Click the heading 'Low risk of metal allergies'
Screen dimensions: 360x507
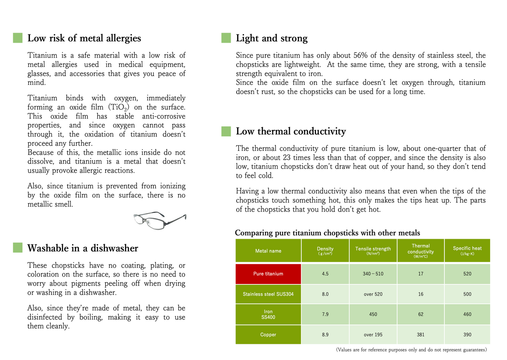tap(84, 38)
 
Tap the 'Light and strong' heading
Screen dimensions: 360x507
tap(272, 38)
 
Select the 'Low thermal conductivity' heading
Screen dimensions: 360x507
tap(291, 131)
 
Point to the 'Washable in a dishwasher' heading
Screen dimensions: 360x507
tap(82, 248)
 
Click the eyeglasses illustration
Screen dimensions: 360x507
tap(160, 219)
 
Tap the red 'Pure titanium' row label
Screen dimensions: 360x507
tap(268, 274)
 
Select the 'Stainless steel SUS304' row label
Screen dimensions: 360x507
tap(268, 294)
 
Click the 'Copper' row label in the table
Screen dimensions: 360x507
tap(268, 335)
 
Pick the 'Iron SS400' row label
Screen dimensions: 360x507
tap(268, 314)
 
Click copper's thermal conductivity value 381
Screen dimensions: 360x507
tap(421, 335)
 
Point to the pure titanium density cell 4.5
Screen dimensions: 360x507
tap(325, 274)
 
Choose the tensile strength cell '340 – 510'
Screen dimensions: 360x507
tap(373, 274)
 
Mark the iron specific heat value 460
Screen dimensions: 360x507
tap(467, 314)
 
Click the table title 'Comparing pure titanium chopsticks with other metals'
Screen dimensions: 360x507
tap(327, 233)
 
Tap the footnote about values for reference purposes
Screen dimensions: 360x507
tap(412, 350)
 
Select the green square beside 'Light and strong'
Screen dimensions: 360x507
tap(226, 38)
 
